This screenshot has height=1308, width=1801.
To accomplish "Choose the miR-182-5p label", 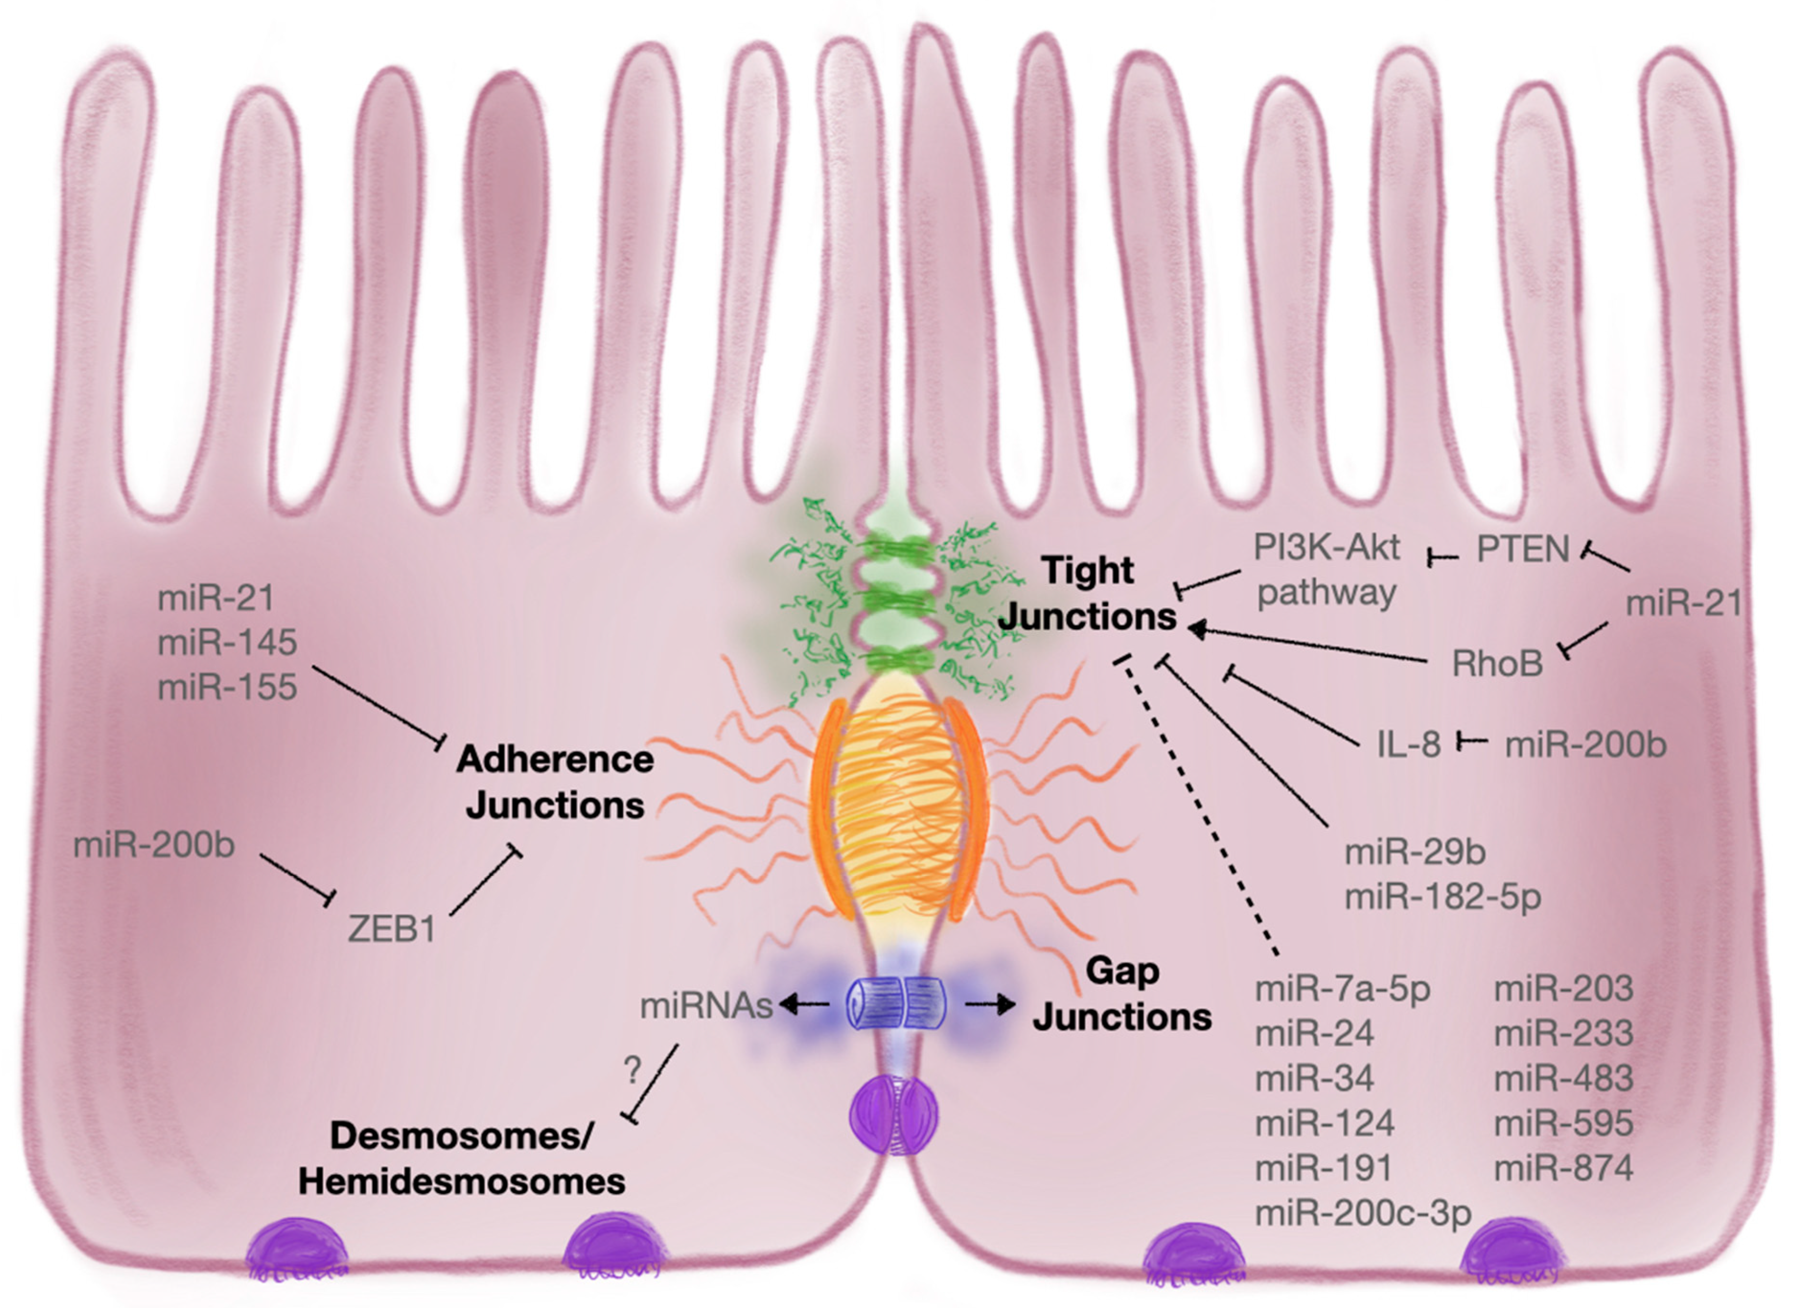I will pyautogui.click(x=1442, y=896).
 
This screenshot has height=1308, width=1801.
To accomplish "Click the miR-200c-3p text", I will pyautogui.click(x=1363, y=1213).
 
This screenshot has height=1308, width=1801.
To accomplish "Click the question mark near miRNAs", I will pyautogui.click(x=632, y=1071).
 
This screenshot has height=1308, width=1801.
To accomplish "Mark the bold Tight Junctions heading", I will pyautogui.click(x=1087, y=593).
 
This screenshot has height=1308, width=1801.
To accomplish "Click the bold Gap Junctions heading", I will pyautogui.click(x=1121, y=994).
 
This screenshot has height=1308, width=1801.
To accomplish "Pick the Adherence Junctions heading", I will pyautogui.click(x=554, y=782).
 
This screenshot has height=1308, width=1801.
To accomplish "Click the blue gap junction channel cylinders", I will pyautogui.click(x=896, y=1005).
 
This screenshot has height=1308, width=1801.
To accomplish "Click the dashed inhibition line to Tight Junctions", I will pyautogui.click(x=1199, y=810).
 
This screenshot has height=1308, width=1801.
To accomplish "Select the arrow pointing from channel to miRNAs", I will pyautogui.click(x=804, y=1005).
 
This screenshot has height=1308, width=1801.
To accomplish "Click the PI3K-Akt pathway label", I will pyautogui.click(x=1326, y=570).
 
